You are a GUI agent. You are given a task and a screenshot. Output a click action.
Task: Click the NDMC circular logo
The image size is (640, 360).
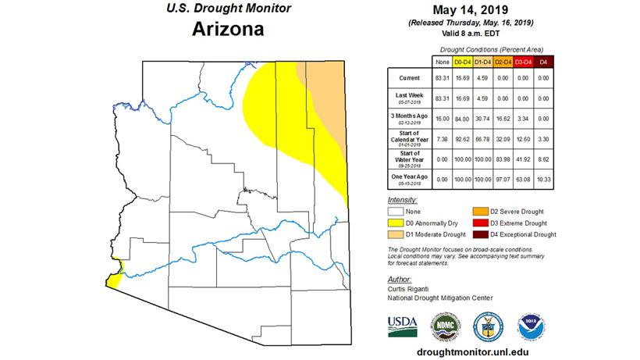[x=446, y=324]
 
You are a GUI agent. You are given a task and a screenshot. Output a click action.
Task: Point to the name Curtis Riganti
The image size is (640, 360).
[x=410, y=287]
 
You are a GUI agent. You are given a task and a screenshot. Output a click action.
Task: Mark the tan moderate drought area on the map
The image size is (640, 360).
[x=328, y=117]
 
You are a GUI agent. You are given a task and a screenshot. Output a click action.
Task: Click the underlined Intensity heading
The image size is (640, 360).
[x=404, y=200]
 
